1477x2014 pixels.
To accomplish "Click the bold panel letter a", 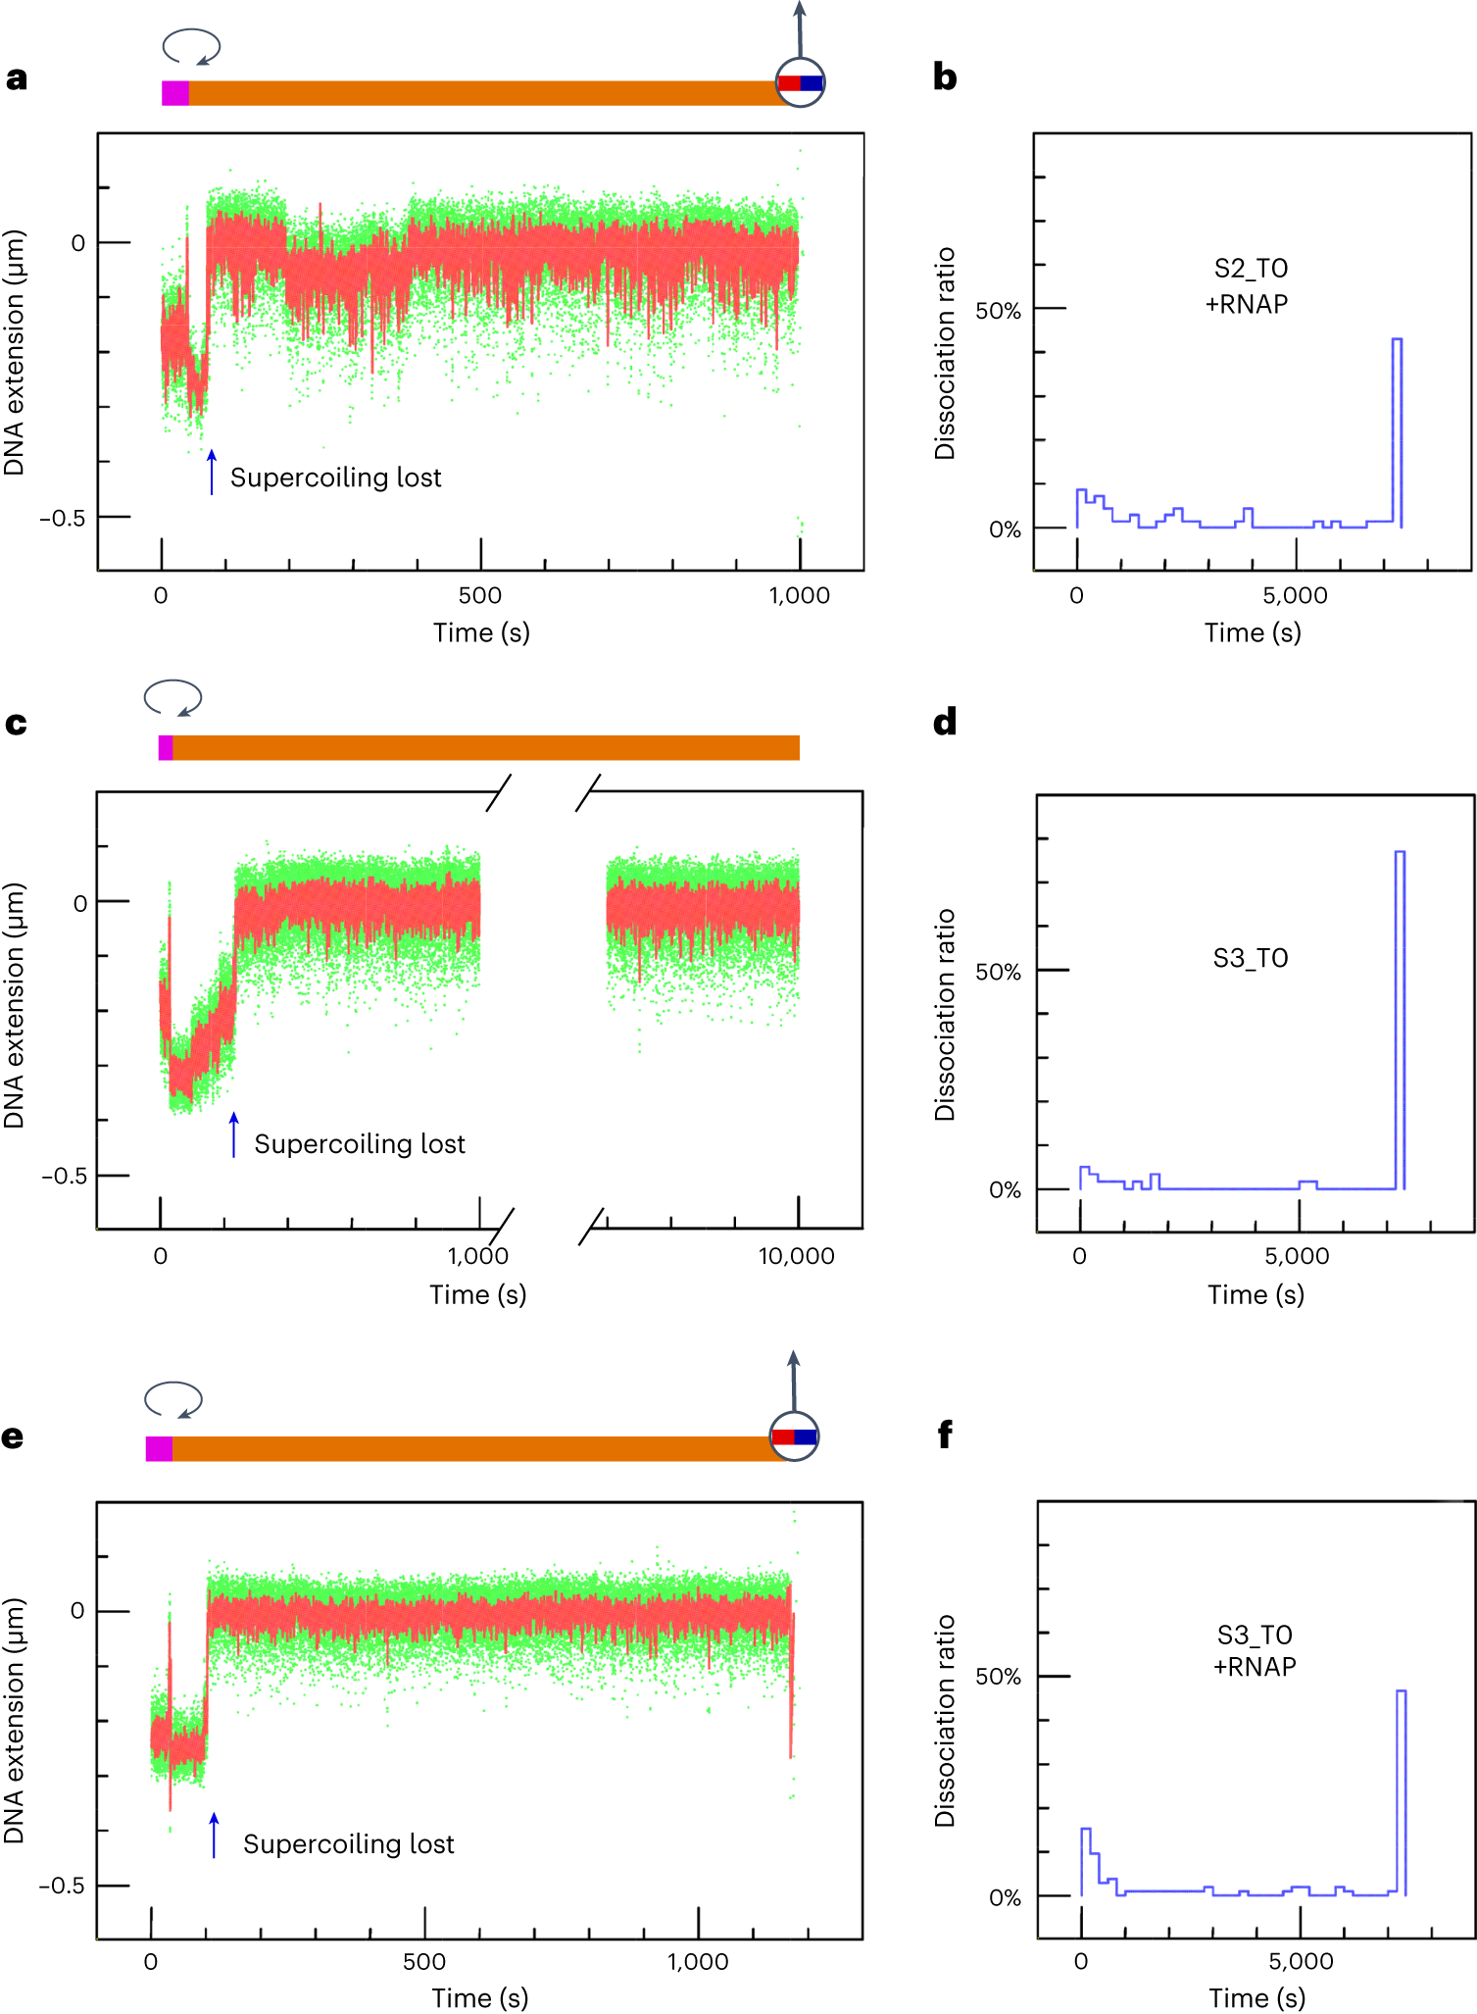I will pos(16,78).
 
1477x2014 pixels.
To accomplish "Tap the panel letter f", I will pos(945,1435).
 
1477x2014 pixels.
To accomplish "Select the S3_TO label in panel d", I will pos(1251,958).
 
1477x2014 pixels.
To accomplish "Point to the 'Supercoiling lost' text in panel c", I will pos(360,1144).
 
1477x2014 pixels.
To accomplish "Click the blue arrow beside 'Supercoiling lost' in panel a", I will pos(212,472).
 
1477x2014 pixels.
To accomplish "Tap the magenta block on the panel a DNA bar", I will pos(175,93).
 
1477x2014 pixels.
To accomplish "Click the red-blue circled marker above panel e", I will pos(794,1436).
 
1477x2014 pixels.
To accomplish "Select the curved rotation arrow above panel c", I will pos(172,698).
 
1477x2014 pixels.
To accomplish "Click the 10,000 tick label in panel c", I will pos(796,1256).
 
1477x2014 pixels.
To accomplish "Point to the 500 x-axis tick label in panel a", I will pos(480,596).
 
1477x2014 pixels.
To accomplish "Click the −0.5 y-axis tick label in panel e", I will pos(62,1886).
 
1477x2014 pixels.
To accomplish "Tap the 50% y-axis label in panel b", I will pos(998,311).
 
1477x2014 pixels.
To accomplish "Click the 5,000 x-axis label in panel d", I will pos(1297,1256).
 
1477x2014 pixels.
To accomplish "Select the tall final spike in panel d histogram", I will pos(1400,1020).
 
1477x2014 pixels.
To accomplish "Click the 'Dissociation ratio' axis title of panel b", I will pos(945,353).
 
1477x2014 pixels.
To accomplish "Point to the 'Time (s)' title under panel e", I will pos(480,1997).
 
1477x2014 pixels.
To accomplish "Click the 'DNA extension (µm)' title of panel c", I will pos(14,1006).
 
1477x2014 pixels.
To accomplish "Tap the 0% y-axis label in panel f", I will pos(1005,1897).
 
